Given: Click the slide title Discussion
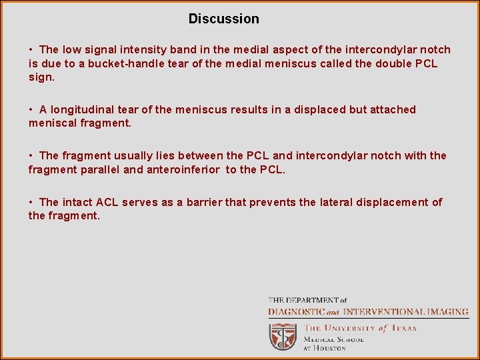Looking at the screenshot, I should click(223, 19).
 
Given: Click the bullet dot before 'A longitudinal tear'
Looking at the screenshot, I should click(32, 109).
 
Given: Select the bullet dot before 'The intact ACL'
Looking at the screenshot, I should click(32, 202).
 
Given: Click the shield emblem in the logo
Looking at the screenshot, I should click(283, 336).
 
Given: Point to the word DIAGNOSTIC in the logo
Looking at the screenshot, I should click(296, 312).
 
